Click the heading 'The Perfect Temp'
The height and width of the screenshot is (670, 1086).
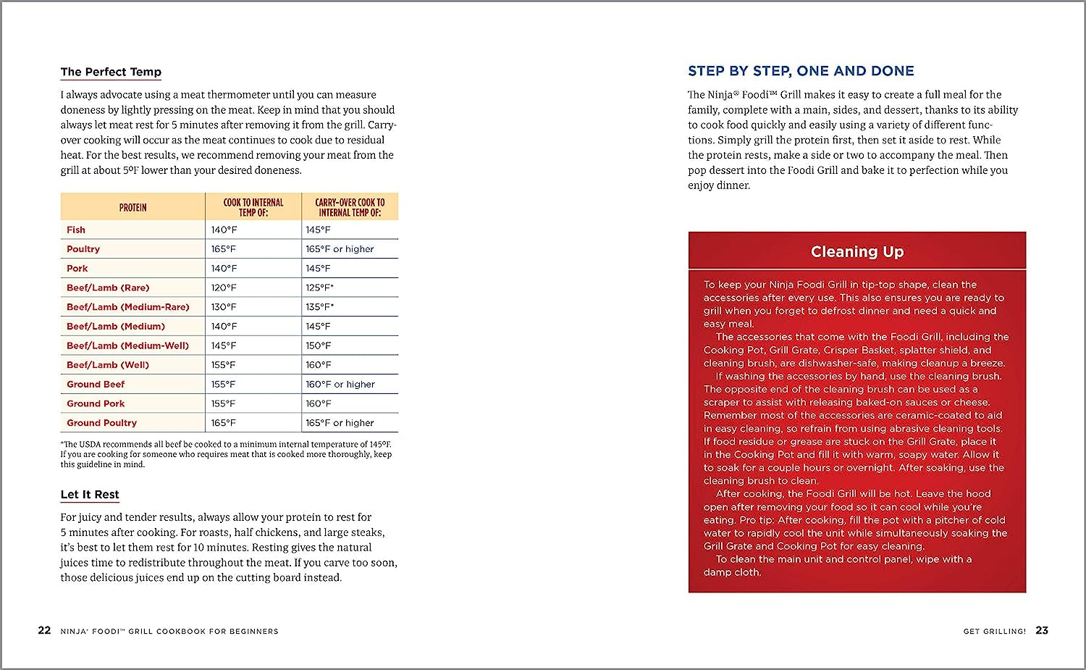click(111, 72)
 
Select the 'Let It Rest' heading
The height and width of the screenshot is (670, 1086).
click(90, 495)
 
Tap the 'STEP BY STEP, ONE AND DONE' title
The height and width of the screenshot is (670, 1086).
click(801, 71)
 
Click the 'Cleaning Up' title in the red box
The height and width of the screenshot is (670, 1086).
click(856, 251)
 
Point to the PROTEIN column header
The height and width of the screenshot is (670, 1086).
click(132, 208)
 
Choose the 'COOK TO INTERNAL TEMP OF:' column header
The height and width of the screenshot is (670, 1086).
click(253, 207)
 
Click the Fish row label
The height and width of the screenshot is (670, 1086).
click(76, 230)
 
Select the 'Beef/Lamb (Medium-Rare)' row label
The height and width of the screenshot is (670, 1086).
click(128, 307)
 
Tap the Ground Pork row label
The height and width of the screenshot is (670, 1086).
click(96, 403)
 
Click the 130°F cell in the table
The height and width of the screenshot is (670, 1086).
click(224, 307)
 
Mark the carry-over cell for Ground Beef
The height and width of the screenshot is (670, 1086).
click(340, 385)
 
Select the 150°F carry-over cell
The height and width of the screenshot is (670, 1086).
click(318, 346)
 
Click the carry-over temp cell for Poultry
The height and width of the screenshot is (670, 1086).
click(340, 249)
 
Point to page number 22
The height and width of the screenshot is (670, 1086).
click(44, 630)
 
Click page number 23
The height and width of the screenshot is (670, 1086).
click(1042, 630)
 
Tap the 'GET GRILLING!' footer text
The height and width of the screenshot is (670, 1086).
click(994, 632)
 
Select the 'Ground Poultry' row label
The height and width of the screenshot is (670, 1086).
click(101, 423)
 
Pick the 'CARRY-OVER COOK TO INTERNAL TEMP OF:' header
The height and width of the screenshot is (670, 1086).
click(350, 207)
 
